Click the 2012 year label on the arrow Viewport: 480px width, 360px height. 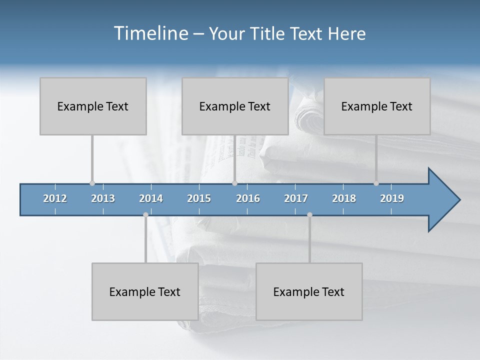coord(55,198)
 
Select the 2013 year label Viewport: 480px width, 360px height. coord(103,198)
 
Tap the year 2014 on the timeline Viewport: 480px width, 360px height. coord(151,198)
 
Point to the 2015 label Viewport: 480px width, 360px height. coord(199,198)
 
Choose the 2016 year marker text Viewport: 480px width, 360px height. coord(248,198)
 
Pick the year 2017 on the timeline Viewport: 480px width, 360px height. coord(296,198)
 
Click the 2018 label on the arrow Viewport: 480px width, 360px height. coord(344,198)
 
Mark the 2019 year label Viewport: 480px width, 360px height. coord(392,198)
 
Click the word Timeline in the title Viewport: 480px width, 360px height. coord(150,33)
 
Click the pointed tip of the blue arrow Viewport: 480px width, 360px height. coord(459,200)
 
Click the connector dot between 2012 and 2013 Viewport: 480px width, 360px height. coord(92,183)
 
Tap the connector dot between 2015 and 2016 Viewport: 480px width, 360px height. coord(234,183)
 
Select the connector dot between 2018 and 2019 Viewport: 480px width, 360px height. coord(376,183)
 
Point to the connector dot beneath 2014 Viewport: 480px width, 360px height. coord(145,215)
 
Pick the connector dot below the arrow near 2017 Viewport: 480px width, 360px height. coord(309,215)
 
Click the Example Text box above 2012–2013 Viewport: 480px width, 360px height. coord(93,106)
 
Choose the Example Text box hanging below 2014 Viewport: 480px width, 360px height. coord(145,291)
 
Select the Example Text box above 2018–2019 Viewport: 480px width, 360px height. coord(377,106)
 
